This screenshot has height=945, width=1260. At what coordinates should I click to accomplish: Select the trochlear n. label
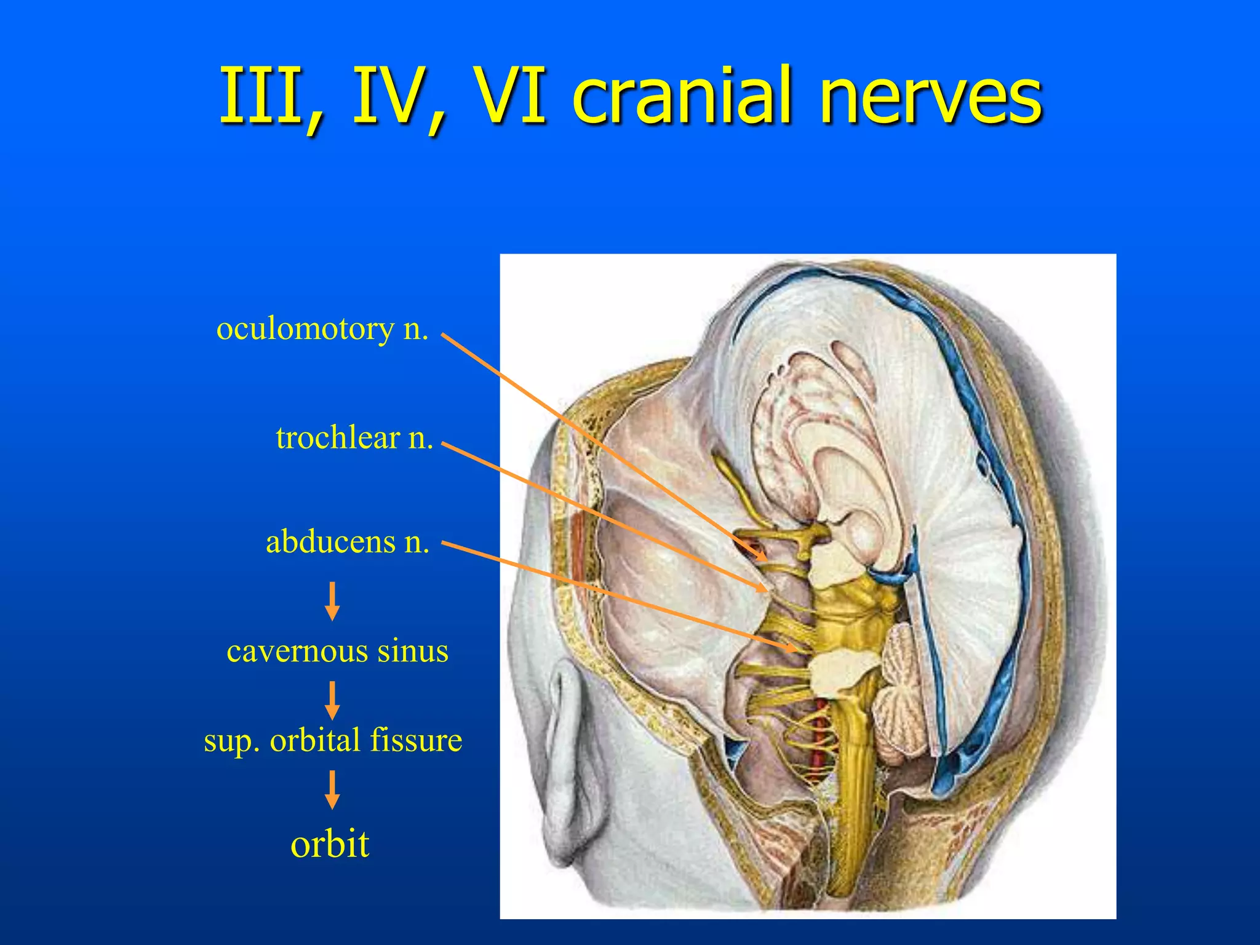pos(354,438)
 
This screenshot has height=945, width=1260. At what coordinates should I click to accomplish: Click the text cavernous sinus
pos(337,651)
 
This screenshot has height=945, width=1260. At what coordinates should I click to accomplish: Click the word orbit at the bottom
pos(330,843)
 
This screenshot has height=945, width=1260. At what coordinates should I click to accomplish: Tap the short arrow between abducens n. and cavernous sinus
pos(332,600)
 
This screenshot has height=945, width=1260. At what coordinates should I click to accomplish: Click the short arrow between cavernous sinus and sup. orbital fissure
pos(332,700)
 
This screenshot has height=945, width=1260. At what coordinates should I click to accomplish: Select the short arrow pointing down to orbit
pos(332,789)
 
